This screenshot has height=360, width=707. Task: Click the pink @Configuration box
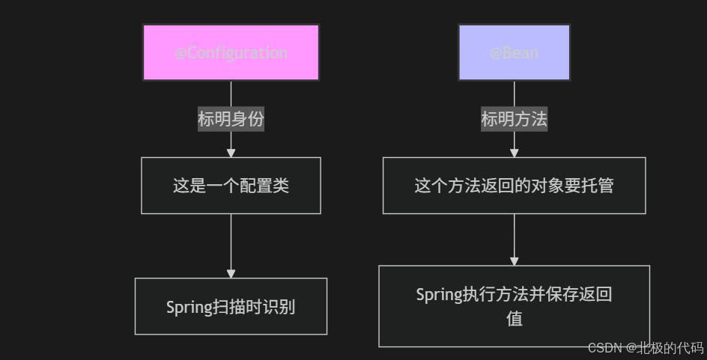click(231, 52)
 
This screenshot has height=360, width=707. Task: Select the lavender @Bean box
click(514, 52)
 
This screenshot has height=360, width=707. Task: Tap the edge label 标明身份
click(231, 119)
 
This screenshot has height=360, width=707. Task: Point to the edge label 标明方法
click(514, 119)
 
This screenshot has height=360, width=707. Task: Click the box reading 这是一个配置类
click(231, 186)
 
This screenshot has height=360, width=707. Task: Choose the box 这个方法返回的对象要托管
click(514, 186)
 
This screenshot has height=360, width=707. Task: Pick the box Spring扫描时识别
click(231, 307)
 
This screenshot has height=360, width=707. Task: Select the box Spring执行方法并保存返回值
click(514, 306)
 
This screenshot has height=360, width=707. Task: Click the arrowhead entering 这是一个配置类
click(231, 153)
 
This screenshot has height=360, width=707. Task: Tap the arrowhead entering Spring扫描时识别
click(231, 273)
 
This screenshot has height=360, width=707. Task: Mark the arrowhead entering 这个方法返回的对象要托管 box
click(514, 153)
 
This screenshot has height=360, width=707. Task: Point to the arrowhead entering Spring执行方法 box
click(514, 260)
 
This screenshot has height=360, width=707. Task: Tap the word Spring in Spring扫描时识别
click(189, 308)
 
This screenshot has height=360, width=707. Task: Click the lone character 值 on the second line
click(514, 318)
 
